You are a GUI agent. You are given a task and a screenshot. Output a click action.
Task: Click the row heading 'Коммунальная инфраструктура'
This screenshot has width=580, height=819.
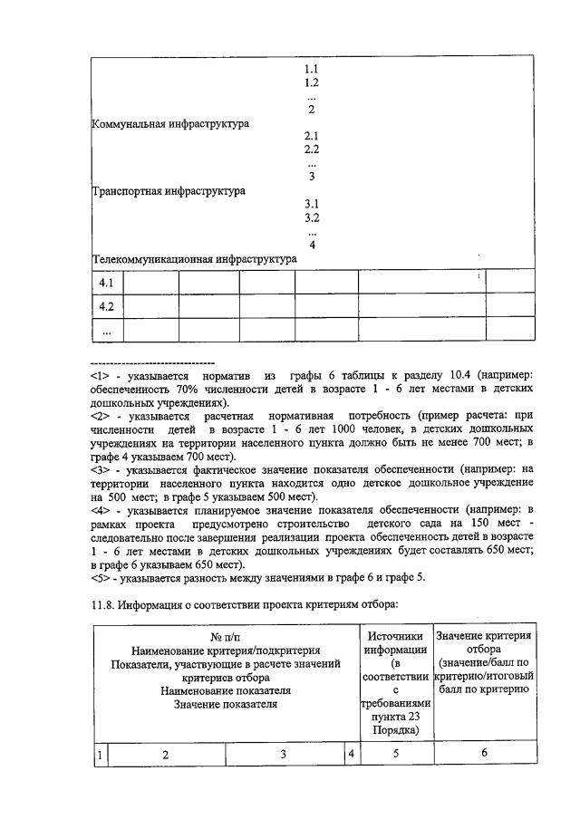pos(170,123)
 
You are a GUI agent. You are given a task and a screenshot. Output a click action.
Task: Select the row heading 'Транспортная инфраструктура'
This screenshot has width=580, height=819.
pos(169,191)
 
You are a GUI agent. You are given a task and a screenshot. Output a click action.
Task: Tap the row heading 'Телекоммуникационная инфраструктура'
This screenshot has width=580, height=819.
pos(194,259)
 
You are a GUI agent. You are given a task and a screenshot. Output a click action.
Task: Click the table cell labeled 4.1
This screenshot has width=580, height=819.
pos(106,283)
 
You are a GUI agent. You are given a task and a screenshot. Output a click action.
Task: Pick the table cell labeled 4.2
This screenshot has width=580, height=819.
pos(106,306)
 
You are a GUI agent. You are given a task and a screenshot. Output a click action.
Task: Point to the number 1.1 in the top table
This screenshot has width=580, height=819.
pos(311,69)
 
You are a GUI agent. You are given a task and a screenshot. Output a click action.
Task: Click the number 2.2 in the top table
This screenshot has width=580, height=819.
pos(311,149)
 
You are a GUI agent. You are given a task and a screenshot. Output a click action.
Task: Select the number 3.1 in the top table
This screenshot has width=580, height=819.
pos(311,204)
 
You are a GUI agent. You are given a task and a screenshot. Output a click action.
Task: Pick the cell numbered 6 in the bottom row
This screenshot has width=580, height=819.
pos(484,753)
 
